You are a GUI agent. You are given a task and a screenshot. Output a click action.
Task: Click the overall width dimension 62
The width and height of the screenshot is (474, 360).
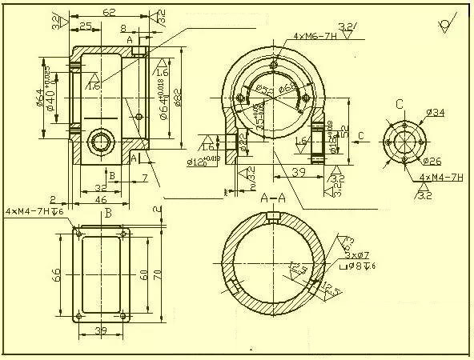pyautogui.click(x=109, y=13)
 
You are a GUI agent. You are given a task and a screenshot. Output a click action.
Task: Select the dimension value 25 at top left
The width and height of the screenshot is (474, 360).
pyautogui.click(x=84, y=26)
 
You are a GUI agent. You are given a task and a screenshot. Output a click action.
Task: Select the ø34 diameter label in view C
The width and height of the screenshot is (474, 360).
pyautogui.click(x=436, y=113)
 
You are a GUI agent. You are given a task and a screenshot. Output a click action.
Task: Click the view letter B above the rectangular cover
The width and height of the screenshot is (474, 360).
pyautogui.click(x=108, y=214)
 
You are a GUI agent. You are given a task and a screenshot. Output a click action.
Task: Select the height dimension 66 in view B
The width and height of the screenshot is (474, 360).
pyautogui.click(x=57, y=274)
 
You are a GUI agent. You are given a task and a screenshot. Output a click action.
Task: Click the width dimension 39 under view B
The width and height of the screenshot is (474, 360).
pyautogui.click(x=101, y=330)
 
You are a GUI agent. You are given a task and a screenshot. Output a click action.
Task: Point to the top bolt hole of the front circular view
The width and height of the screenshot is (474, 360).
pyautogui.click(x=274, y=64)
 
